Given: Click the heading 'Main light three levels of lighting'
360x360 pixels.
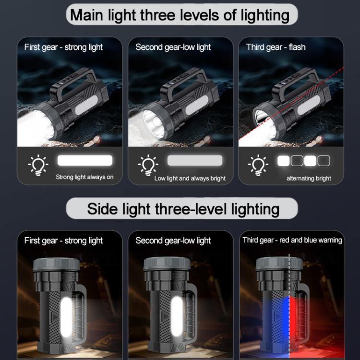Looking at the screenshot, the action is point(180,15).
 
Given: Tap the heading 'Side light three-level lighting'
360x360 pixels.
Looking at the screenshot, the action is point(183,209).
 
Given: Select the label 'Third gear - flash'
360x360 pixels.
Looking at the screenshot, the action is point(276,47).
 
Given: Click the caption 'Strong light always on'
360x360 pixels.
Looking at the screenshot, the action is point(84,177).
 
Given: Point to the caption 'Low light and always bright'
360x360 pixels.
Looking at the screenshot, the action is point(190,179).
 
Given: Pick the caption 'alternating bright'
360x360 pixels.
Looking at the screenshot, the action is point(309,179).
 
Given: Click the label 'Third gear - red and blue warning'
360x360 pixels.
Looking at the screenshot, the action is point(292,240).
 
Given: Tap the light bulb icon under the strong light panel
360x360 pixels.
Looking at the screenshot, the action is point(38,165).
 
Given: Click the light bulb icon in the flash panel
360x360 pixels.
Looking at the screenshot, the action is point(258,165).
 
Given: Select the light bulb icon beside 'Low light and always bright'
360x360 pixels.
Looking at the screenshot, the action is point(148,165).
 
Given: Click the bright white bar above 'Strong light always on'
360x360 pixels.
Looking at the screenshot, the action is point(85,160).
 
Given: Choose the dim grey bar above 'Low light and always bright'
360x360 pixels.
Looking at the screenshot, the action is point(195,160).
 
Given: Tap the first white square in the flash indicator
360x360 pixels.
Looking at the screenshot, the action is point(283,161).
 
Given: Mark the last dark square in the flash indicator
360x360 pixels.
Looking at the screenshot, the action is point(324,161).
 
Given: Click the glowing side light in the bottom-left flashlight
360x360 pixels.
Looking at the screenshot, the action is point(66,317).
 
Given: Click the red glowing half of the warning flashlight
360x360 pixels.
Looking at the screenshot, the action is point(299,326).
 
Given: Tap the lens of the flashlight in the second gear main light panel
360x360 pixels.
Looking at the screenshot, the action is point(154,123).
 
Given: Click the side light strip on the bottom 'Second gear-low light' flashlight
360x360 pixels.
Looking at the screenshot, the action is point(177,317).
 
